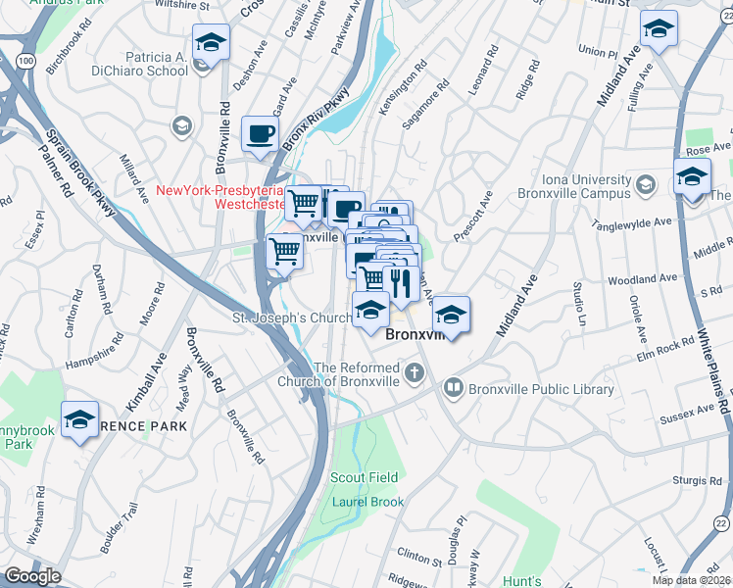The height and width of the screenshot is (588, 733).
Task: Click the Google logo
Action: (31, 576)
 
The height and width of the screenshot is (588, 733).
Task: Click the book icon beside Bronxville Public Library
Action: (454, 387)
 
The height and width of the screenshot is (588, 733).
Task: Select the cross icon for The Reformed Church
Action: (415, 371)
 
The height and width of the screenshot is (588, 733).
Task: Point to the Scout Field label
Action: (364, 477)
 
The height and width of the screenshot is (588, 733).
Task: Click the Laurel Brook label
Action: (367, 502)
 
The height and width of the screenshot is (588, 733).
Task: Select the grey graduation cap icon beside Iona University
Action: (646, 183)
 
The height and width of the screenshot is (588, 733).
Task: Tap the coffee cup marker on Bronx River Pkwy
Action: (260, 133)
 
